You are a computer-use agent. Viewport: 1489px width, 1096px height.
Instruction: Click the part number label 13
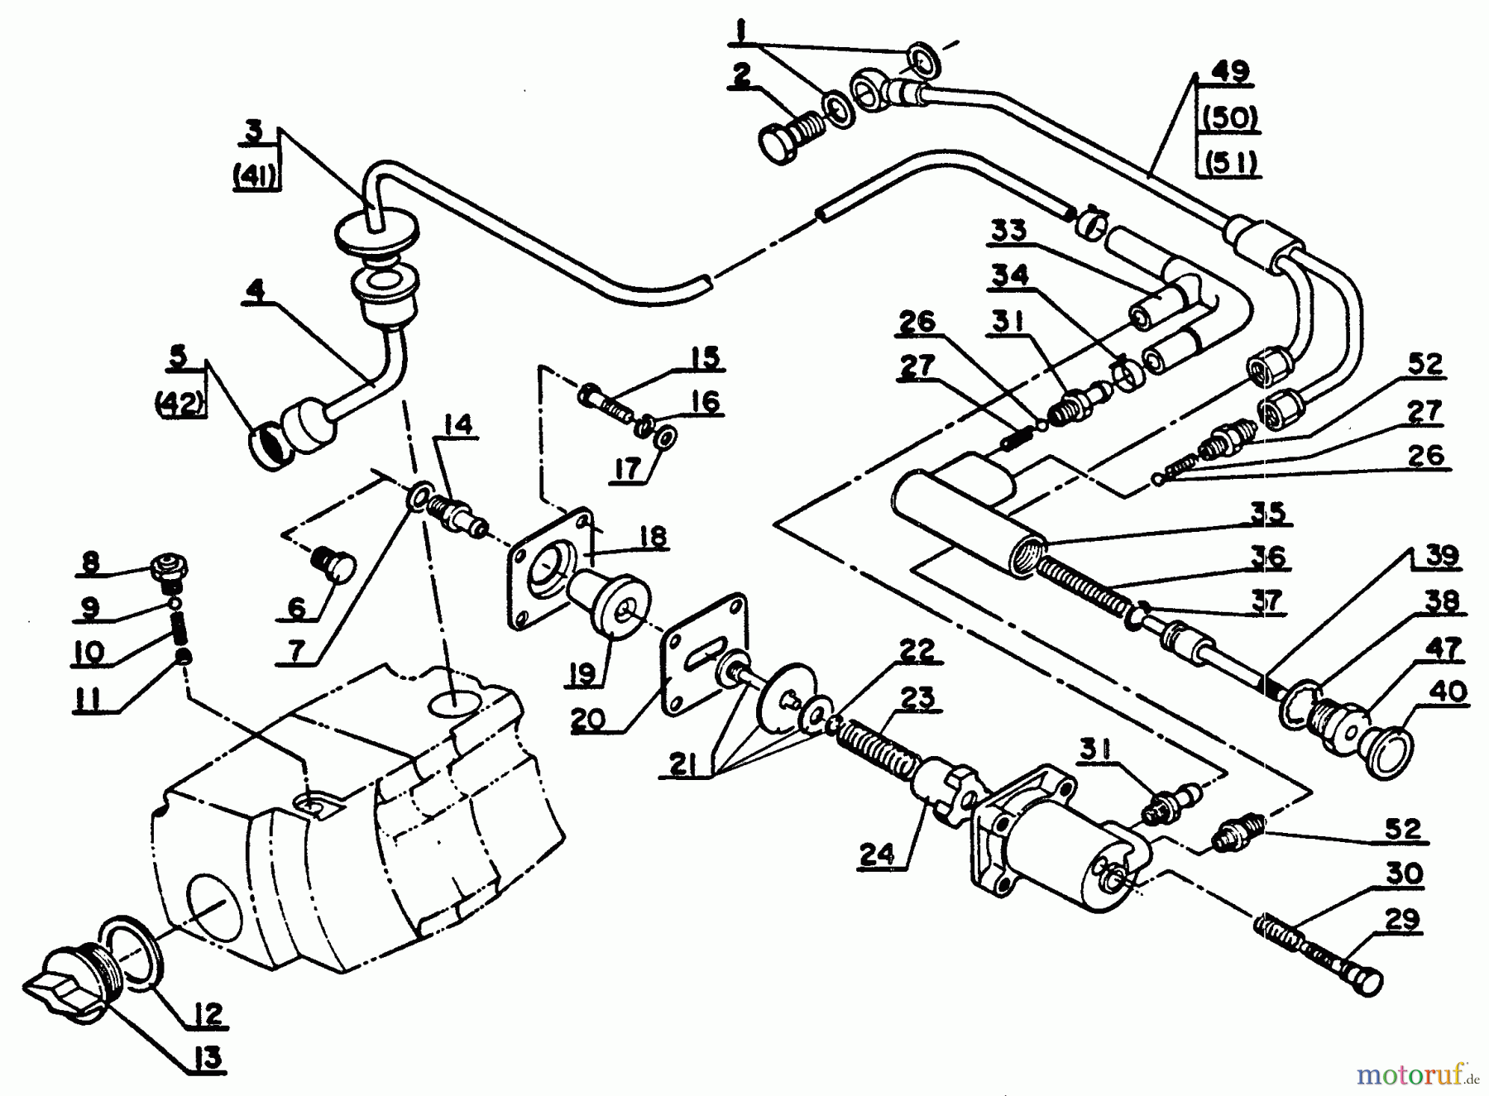click(210, 1059)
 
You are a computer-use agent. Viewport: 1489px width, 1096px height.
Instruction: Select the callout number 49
click(1228, 71)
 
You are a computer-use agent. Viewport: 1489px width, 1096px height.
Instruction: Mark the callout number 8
click(90, 562)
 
